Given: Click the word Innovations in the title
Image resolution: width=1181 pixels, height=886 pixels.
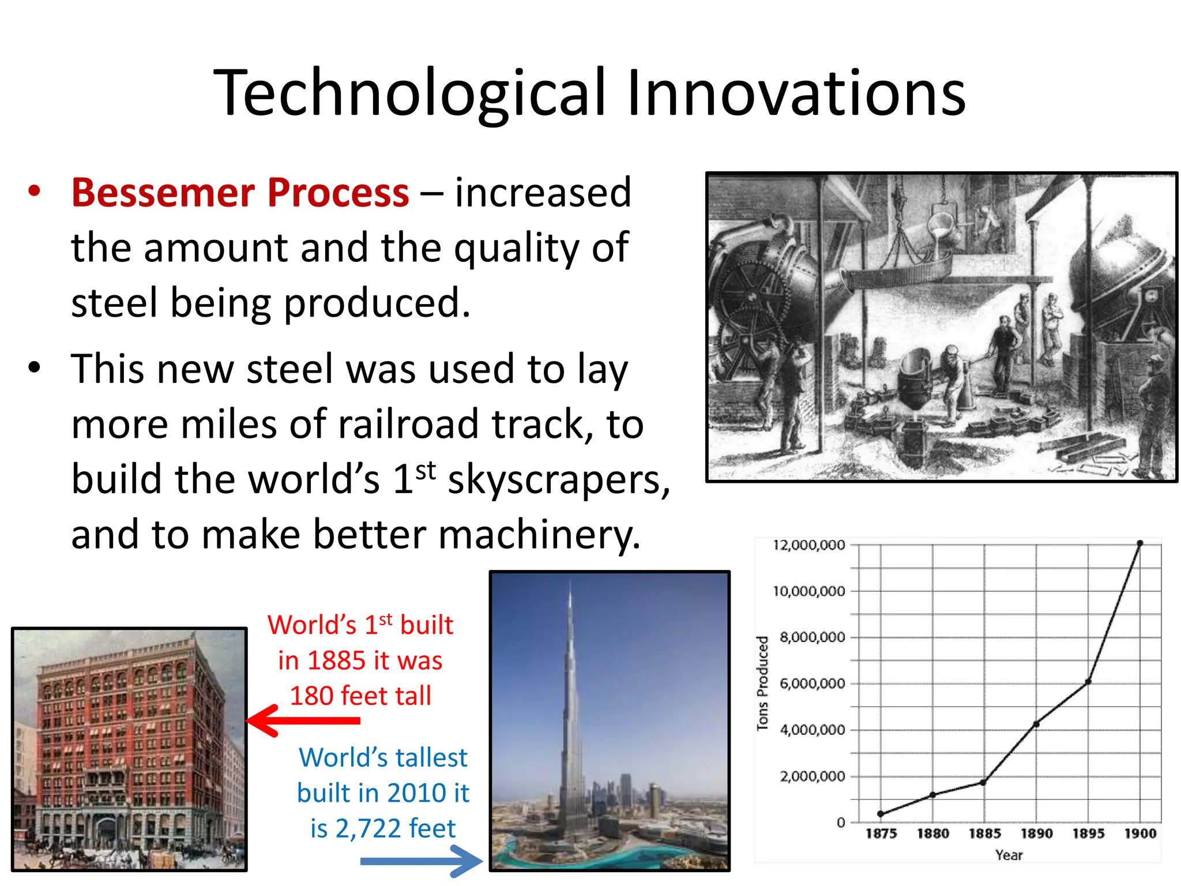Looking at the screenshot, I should click(796, 93).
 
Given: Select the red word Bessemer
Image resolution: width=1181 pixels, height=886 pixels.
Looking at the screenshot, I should click(160, 193).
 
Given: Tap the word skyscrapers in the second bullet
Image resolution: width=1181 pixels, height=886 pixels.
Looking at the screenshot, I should click(558, 480).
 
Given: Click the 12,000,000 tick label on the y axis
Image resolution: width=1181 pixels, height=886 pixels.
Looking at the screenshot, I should click(808, 545).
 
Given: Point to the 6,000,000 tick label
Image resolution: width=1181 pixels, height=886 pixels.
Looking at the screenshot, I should click(812, 684).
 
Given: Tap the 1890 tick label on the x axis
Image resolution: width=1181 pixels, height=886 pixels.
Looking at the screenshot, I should click(1036, 834).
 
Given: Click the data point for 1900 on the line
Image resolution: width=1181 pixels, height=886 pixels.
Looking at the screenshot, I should click(1140, 543).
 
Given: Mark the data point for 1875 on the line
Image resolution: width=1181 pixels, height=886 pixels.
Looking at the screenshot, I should click(881, 814).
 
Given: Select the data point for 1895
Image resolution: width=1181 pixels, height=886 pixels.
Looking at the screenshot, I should click(1088, 682).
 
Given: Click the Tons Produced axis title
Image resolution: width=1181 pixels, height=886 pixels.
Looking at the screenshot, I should click(762, 684).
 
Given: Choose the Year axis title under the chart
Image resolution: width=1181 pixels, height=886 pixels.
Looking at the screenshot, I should click(1009, 855).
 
